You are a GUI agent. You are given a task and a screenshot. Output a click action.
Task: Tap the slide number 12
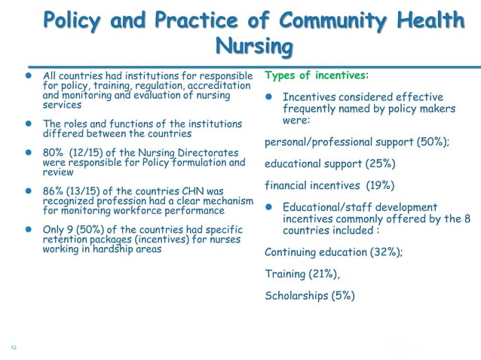pos(13,347)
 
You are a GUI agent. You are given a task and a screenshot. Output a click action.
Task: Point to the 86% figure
pos(54,191)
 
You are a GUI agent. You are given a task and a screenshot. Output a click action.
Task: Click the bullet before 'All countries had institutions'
pos(29,76)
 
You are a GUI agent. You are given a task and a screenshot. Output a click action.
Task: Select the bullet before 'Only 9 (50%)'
pos(29,230)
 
